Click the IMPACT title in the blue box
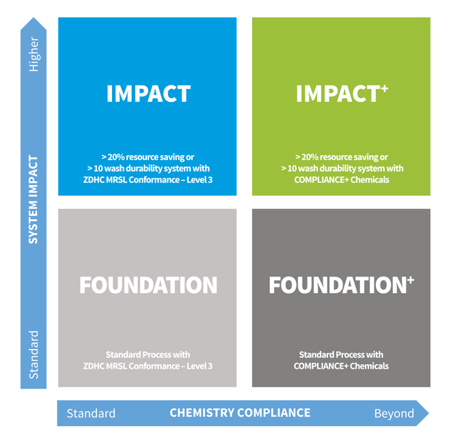coord(148,94)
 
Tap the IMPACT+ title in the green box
coord(342,94)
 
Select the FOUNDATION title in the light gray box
coord(148,285)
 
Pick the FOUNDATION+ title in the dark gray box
coord(342,285)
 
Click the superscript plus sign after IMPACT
coord(385,89)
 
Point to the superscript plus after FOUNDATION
coord(411,279)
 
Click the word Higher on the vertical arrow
coord(33,54)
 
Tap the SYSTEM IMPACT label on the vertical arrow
coord(33,200)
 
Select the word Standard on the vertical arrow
coord(33,355)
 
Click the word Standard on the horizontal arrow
coord(91,413)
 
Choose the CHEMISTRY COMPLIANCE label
coord(240,413)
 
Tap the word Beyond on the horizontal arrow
coord(394,413)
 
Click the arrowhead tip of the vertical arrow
coord(33,18)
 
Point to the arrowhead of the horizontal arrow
coord(422,413)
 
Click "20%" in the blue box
coord(116,157)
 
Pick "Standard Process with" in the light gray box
coord(148,355)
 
